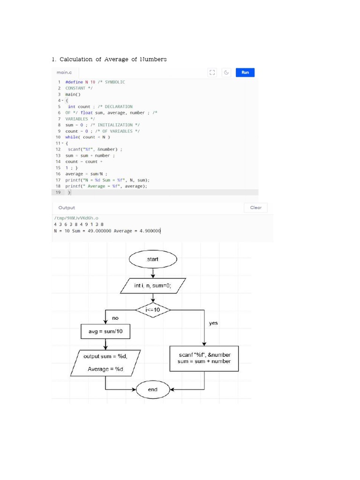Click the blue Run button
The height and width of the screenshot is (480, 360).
point(245,73)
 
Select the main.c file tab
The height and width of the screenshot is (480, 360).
point(64,73)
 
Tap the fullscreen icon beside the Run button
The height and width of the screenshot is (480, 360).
point(212,73)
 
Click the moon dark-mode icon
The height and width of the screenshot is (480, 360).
point(226,73)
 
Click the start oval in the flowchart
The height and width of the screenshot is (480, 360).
point(153,259)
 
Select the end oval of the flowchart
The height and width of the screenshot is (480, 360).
point(153,390)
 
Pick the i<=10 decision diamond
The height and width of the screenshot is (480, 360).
point(153,310)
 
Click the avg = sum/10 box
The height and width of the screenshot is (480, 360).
point(105,331)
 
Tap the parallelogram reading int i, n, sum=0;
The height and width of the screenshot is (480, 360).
point(153,285)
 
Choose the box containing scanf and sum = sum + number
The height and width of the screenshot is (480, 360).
point(204,359)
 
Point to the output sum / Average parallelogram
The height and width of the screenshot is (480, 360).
point(105,363)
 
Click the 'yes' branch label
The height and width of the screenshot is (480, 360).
point(213,323)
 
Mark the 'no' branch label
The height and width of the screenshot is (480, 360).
point(115,318)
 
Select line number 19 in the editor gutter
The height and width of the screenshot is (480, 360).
point(58,192)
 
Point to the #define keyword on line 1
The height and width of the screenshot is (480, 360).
point(74,82)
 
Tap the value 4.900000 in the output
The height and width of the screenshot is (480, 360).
point(150,231)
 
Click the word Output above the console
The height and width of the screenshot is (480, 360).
point(67,208)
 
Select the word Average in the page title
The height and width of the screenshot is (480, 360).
point(116,59)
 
